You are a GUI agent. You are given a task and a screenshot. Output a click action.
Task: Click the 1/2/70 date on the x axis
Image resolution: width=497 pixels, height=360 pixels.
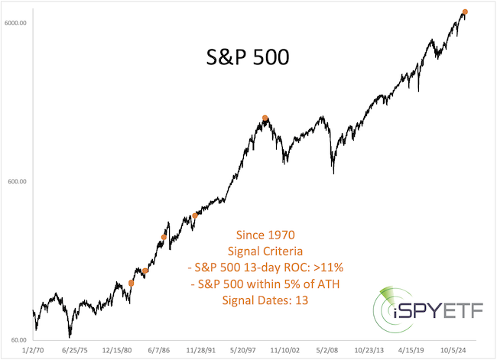[34, 351]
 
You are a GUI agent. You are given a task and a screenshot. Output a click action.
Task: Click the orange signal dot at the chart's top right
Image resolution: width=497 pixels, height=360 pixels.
[465, 11]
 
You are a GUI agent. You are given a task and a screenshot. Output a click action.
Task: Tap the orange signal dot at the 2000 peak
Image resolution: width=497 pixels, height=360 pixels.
[265, 118]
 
